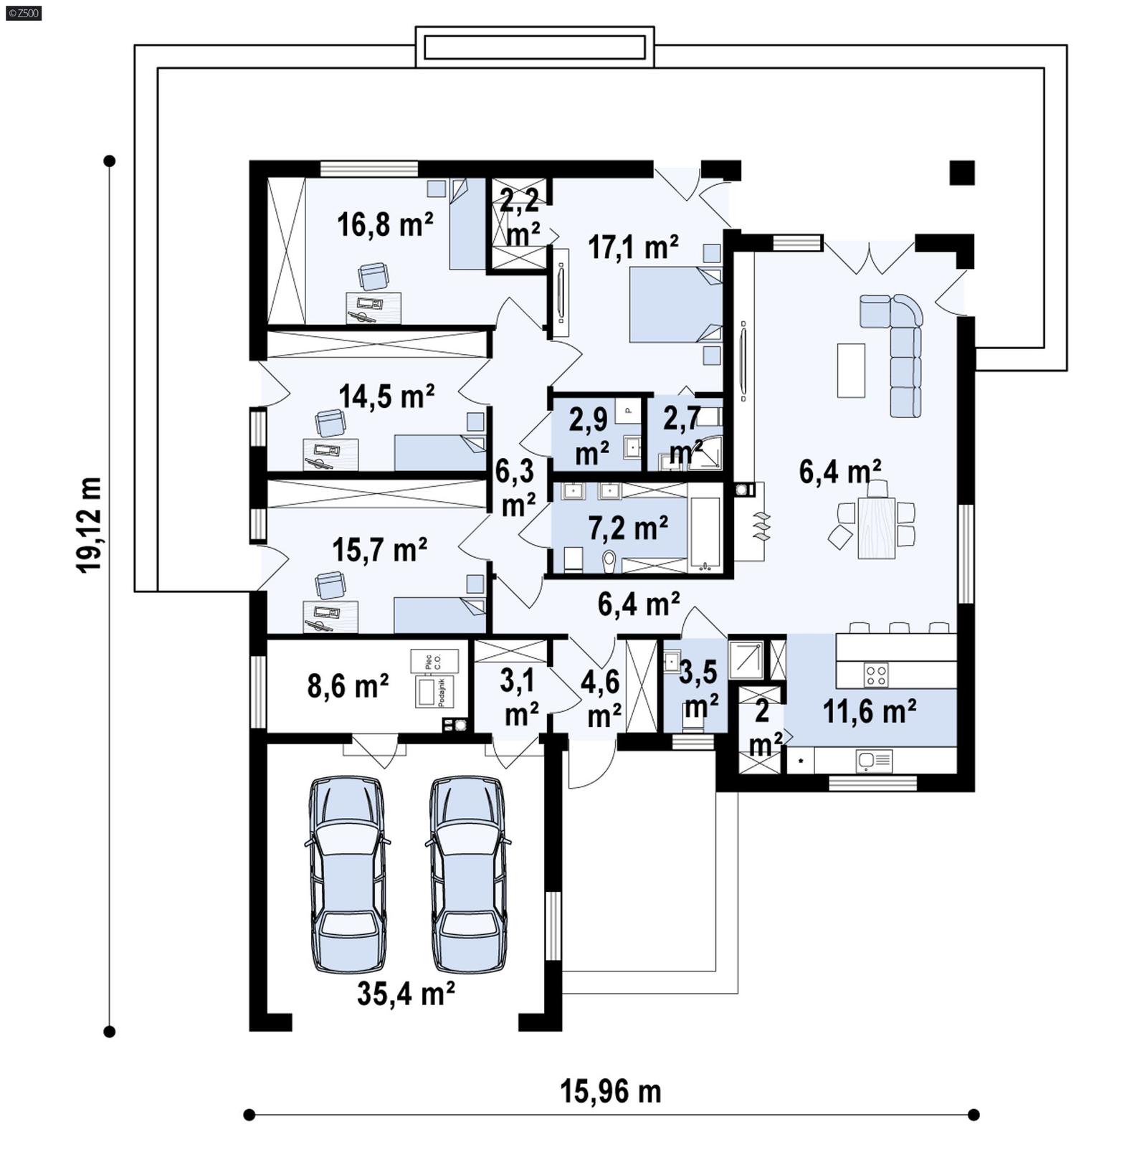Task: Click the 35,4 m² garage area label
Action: click(x=406, y=994)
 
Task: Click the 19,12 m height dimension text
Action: click(x=90, y=524)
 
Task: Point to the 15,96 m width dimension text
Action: click(x=610, y=1092)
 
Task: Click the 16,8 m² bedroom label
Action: click(x=385, y=224)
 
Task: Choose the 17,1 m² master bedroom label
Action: click(x=633, y=247)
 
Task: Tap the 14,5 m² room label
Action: click(x=386, y=396)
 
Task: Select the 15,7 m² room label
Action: click(x=380, y=550)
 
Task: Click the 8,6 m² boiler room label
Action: click(x=348, y=686)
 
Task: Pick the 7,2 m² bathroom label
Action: click(x=628, y=528)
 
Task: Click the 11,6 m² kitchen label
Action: click(x=869, y=712)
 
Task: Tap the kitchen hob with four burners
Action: click(x=876, y=674)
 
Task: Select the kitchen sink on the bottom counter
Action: click(x=874, y=760)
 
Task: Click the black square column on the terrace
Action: click(x=962, y=173)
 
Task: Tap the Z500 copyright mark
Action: click(x=23, y=12)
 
